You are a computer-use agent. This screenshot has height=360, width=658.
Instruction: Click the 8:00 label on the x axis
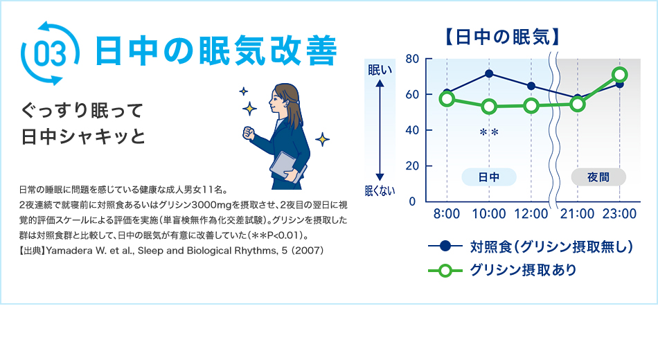click(447, 214)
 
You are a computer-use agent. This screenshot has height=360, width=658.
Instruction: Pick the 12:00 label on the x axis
click(531, 214)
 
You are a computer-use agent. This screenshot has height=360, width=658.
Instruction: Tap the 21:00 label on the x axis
click(578, 214)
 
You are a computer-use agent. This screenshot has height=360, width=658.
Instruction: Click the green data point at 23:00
click(620, 75)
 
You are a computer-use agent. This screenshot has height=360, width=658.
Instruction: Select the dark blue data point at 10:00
click(489, 73)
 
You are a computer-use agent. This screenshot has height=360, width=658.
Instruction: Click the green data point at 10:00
click(489, 107)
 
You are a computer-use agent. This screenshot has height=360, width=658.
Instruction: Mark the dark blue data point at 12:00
click(531, 86)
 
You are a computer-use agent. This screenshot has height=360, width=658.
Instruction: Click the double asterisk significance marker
click(489, 132)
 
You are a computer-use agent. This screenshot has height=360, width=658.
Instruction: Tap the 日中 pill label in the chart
click(489, 177)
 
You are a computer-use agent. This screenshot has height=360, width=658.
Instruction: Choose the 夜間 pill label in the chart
click(598, 177)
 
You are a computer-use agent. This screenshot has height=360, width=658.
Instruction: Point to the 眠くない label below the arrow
click(380, 191)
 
